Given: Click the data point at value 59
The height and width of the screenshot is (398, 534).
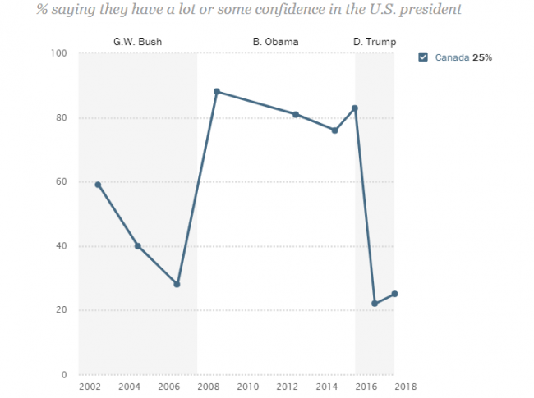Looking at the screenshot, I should [99, 185].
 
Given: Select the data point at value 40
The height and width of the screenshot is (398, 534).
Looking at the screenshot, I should [138, 246].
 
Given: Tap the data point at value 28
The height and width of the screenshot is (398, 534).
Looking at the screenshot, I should [177, 285].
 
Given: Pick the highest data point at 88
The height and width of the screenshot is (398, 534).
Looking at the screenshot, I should [217, 91].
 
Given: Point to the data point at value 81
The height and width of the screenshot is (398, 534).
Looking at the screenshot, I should [296, 114].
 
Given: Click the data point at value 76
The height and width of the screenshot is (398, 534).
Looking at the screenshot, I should [335, 130].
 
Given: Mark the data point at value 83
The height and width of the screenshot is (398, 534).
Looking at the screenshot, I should [355, 108].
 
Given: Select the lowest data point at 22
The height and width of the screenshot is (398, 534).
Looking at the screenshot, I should [375, 304].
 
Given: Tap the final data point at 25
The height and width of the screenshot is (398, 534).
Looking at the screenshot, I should [394, 294].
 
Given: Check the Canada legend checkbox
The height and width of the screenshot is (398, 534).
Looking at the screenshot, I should [423, 57].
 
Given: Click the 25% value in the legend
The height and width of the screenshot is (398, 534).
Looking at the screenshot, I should [482, 57].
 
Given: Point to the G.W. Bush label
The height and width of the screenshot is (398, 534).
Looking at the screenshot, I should [136, 41].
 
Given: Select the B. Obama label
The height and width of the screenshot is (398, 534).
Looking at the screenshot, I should [275, 41].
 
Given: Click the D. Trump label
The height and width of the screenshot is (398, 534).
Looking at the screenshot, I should [374, 41].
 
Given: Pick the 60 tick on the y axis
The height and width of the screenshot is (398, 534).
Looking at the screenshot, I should [62, 182].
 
